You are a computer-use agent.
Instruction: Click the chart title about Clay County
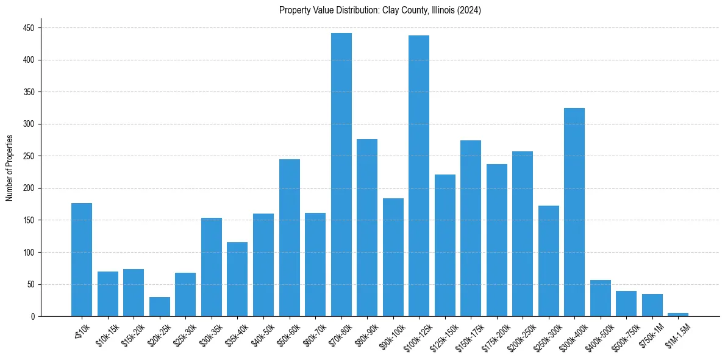tap(380, 10)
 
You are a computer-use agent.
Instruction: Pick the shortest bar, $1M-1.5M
tap(678, 314)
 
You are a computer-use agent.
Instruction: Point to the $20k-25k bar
tap(160, 306)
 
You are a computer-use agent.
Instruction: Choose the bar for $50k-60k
tap(290, 237)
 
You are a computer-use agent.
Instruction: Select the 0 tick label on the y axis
tap(32, 316)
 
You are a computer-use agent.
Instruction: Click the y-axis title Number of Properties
tap(10, 167)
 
